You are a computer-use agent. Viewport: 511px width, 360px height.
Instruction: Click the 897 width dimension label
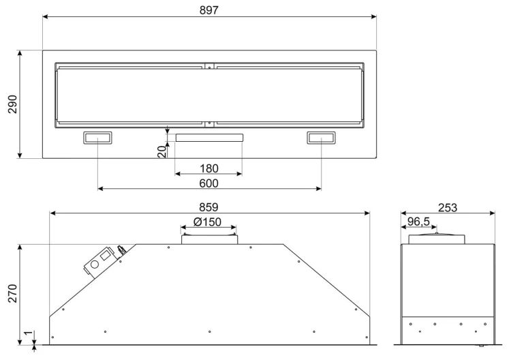209,10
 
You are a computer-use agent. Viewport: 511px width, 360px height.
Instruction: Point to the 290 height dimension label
13,104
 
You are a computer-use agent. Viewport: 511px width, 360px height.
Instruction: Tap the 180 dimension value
209,168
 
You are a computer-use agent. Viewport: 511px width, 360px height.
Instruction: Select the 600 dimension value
209,183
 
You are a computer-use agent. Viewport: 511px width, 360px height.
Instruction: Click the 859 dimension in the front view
208,207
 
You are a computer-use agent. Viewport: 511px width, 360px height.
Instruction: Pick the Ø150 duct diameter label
207,222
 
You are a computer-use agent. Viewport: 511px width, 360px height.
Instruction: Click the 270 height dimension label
13,293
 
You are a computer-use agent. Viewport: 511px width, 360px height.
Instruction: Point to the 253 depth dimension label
448,207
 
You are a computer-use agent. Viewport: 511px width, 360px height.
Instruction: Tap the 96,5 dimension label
419,222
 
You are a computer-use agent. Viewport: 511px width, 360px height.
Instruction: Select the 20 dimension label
162,151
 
